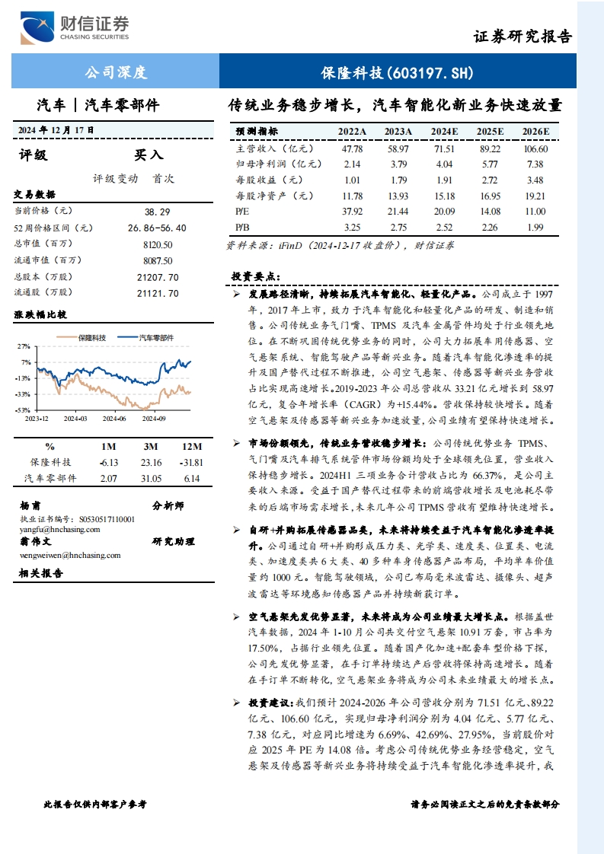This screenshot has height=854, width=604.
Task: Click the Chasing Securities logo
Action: click(x=75, y=28)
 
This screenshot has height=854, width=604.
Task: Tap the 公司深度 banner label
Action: click(x=115, y=73)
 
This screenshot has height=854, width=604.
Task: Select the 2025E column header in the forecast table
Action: click(x=490, y=132)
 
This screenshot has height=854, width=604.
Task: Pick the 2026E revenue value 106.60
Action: click(x=535, y=149)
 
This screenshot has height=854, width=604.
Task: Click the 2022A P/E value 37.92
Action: click(x=352, y=211)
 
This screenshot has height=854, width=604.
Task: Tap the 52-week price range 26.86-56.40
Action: click(x=157, y=228)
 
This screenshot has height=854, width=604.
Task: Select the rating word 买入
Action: click(x=149, y=155)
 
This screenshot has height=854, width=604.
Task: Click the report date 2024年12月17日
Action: click(x=56, y=130)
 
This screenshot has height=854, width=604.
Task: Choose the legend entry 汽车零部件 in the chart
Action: click(x=156, y=336)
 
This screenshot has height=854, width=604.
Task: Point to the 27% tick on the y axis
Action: click(x=25, y=346)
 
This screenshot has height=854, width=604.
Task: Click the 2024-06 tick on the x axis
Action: click(x=114, y=418)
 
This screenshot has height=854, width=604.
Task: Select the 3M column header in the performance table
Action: click(x=151, y=447)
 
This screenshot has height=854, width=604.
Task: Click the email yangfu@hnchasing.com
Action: click(x=60, y=530)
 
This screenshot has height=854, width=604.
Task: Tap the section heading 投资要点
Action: click(x=255, y=276)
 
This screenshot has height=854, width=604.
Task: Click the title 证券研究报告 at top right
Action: click(x=523, y=37)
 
